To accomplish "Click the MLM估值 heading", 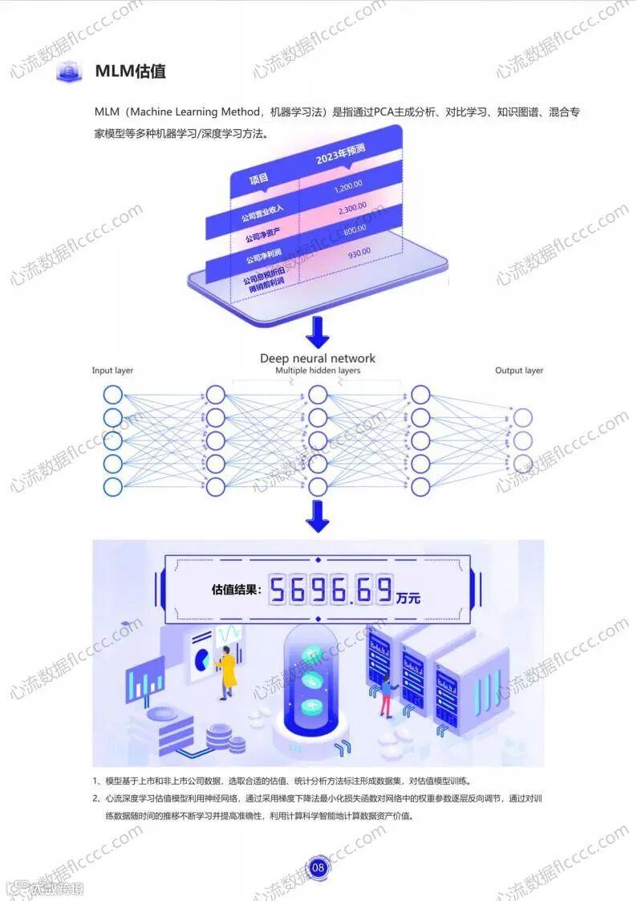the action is [130, 71].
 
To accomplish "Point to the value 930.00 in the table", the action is [359, 253].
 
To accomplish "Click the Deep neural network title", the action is [318, 358].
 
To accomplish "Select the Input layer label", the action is [112, 371].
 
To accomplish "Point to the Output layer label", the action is [519, 371].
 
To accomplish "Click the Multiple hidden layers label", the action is [318, 371].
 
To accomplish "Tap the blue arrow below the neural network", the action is [318, 516].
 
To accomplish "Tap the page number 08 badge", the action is [318, 867].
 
